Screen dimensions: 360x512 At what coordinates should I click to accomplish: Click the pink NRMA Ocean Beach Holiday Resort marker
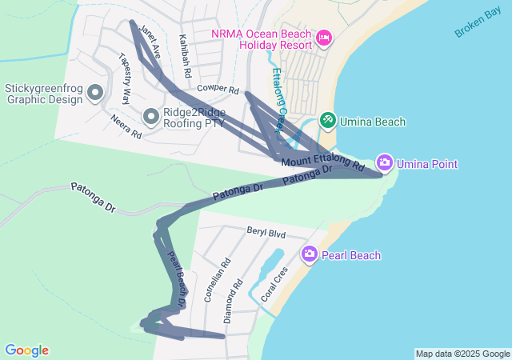coord(324,38)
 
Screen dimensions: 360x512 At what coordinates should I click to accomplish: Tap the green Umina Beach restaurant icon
coord(327,121)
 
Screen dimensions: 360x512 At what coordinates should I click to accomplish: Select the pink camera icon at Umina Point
coord(385,164)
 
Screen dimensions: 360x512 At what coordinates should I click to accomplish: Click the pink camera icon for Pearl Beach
coord(310,254)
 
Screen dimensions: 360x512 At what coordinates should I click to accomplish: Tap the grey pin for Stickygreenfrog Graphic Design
coord(96,93)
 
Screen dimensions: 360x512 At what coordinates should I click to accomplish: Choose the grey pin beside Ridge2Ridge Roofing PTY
coord(151,118)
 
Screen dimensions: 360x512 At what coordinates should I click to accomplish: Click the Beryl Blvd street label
coord(266,234)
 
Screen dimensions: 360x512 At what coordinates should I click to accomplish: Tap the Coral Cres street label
coord(274,285)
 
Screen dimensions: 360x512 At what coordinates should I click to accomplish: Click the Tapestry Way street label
coord(124,79)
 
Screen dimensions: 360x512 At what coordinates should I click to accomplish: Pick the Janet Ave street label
coord(150,42)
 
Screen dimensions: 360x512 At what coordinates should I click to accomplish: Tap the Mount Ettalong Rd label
coord(322,163)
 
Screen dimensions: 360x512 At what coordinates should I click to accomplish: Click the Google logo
coord(26,350)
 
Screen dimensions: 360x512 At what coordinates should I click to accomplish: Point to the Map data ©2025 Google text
coord(462,354)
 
